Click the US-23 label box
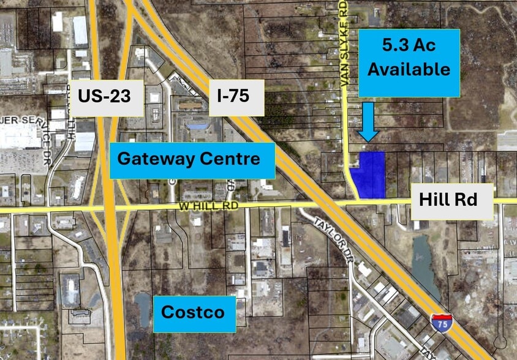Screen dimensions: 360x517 tap(107, 97)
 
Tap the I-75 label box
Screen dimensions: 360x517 tap(236, 97)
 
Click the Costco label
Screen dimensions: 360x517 tap(194, 313)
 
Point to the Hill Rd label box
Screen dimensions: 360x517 tap(452, 201)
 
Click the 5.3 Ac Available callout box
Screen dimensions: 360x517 tap(409, 62)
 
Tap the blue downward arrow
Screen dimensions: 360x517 tap(368, 121)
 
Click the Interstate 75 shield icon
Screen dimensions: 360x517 tap(441, 323)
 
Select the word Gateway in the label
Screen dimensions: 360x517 tap(155, 160)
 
